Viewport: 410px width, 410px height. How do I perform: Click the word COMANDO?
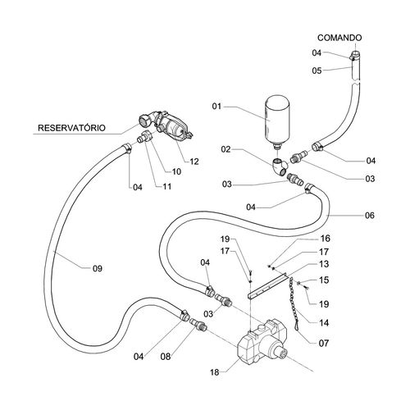pos(339,38)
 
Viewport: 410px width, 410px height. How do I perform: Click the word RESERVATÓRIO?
pos(71,128)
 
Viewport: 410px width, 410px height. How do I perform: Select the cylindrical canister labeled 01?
pos(278,121)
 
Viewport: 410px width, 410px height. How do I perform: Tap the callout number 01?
pos(216,106)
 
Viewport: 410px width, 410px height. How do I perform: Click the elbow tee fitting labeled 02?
pos(280,166)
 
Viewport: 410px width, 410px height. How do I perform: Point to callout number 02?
pos(226,149)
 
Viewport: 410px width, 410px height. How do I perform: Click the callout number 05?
pos(317,71)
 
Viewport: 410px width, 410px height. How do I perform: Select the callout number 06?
pos(370,216)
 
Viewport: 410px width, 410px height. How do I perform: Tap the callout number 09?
pos(98,268)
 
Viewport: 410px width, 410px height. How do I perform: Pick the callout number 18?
pos(215,372)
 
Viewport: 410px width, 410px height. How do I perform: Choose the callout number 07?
pos(324,343)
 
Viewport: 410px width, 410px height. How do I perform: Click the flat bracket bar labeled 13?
pos(266,285)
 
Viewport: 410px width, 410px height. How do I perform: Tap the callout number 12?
pos(194,162)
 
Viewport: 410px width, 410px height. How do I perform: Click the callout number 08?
pos(166,357)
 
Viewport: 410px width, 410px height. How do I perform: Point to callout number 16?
pos(326,239)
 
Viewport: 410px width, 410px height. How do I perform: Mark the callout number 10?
pos(176,171)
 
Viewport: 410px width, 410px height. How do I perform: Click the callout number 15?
pos(324,280)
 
